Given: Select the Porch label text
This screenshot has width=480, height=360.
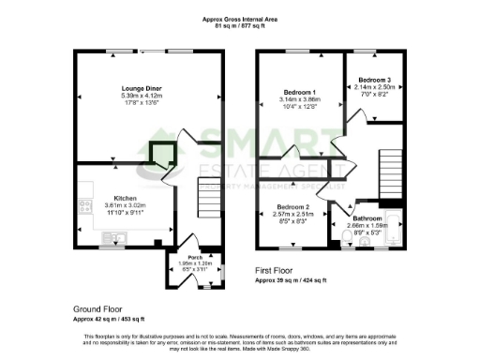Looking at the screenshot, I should click(x=195, y=257).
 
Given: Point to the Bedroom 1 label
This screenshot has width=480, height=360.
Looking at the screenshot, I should click(x=299, y=92).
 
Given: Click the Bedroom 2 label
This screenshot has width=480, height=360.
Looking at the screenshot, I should click(x=292, y=206).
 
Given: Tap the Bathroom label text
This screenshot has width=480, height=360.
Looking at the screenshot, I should click(x=367, y=218).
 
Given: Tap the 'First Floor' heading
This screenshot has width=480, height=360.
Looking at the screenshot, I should click(x=279, y=270).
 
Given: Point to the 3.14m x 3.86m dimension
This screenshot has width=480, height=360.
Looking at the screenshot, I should click(x=299, y=99).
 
